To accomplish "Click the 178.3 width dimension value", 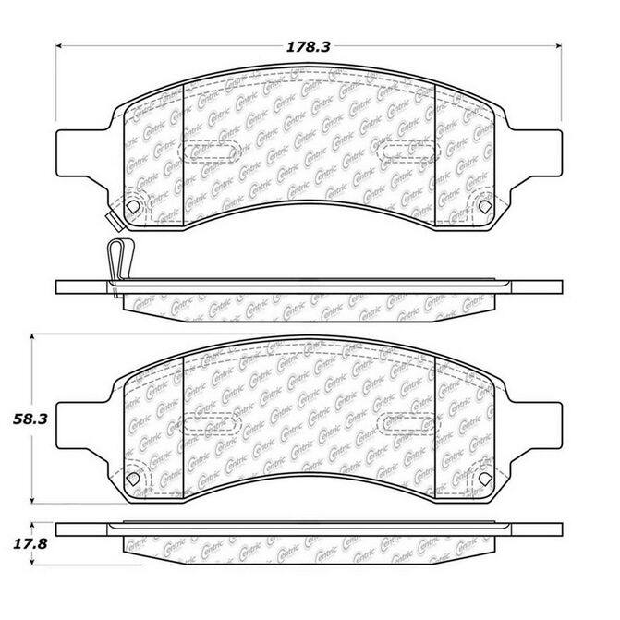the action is (308, 47).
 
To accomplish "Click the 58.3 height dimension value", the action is (30, 419).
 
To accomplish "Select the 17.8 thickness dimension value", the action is (30, 544).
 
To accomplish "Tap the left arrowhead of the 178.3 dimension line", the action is (59, 46).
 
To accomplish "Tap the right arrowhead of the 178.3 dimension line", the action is (558, 46).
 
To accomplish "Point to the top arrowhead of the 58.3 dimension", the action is (32, 337).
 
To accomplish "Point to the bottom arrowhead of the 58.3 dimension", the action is (32, 500).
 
